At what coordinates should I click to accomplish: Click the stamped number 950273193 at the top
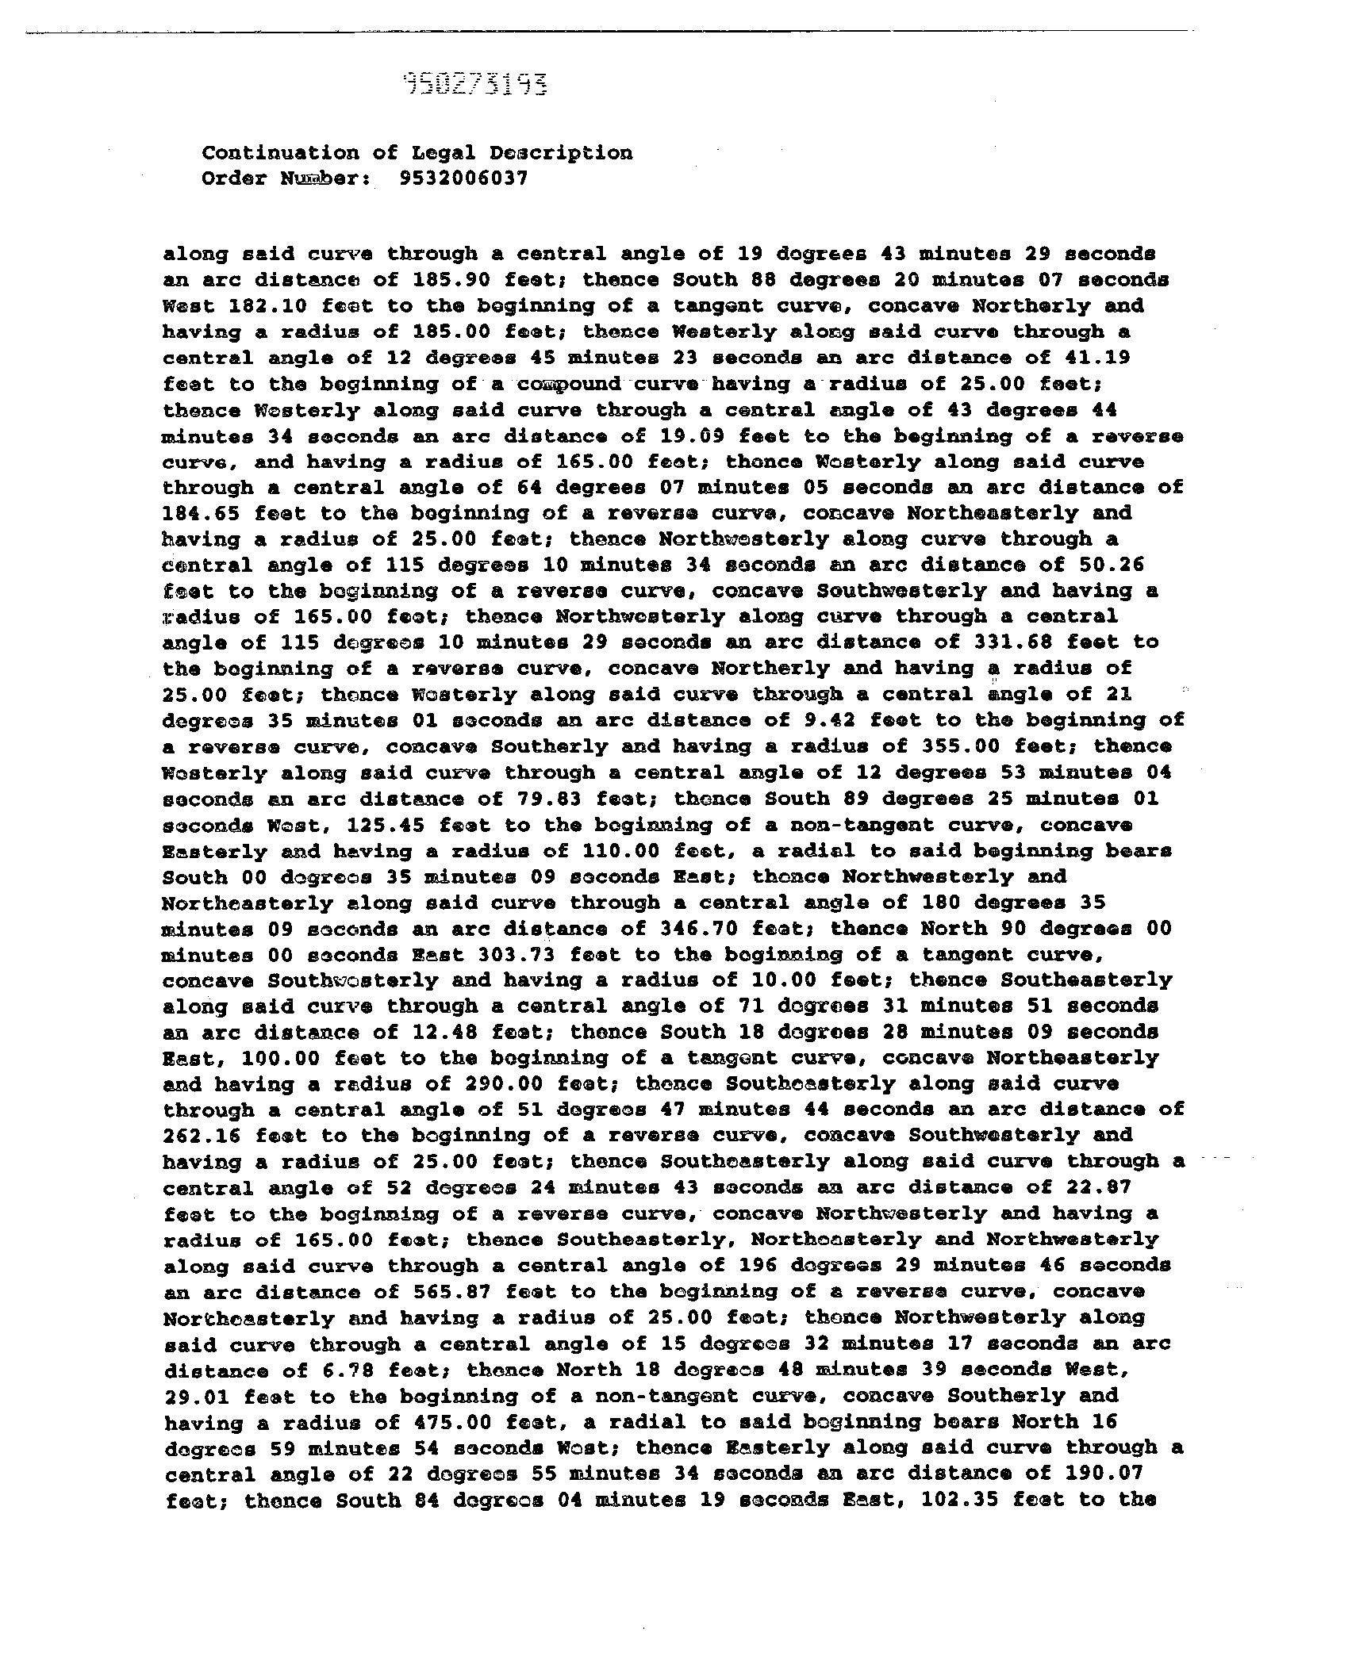tap(475, 83)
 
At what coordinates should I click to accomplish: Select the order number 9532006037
tap(464, 178)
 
